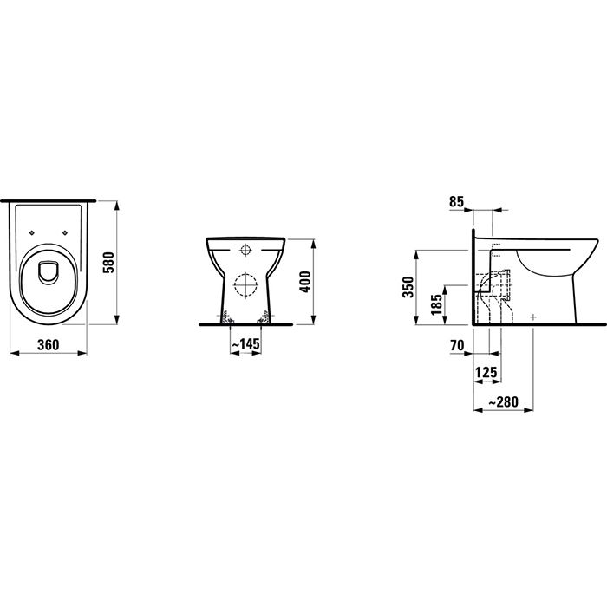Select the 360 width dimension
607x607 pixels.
point(48,344)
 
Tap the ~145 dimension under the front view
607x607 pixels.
point(246,344)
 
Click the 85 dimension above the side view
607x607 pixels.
point(459,202)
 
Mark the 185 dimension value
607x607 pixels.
point(437,305)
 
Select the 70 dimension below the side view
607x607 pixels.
point(458,344)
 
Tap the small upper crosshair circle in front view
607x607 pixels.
point(245,251)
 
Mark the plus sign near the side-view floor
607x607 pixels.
point(532,317)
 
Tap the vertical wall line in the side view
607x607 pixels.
point(472,277)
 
